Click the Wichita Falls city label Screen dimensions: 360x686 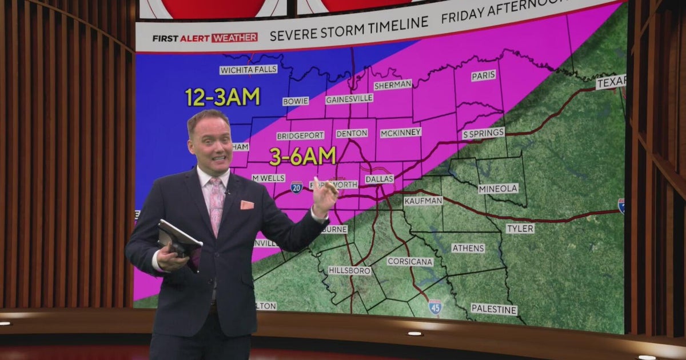click(248, 70)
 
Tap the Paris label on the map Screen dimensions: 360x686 click(484, 75)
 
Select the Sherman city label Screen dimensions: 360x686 click(393, 85)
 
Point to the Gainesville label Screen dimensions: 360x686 click(349, 99)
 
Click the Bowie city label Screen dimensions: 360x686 click(296, 101)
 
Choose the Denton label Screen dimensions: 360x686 click(352, 133)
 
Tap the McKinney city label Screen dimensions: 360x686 click(401, 132)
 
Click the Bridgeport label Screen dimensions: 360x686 click(300, 136)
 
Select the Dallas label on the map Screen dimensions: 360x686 click(380, 179)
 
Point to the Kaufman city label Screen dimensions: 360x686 click(423, 201)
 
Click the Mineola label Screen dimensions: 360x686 click(498, 189)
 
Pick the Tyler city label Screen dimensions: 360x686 click(520, 229)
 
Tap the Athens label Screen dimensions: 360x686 click(468, 248)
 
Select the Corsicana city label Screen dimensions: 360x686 click(410, 261)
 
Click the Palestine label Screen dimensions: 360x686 click(494, 309)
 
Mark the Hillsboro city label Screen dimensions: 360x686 click(350, 270)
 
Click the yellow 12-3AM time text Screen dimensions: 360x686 click(222, 97)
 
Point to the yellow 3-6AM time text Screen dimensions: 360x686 click(302, 155)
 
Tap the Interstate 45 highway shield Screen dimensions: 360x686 click(435, 307)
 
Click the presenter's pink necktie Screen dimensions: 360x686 click(217, 205)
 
